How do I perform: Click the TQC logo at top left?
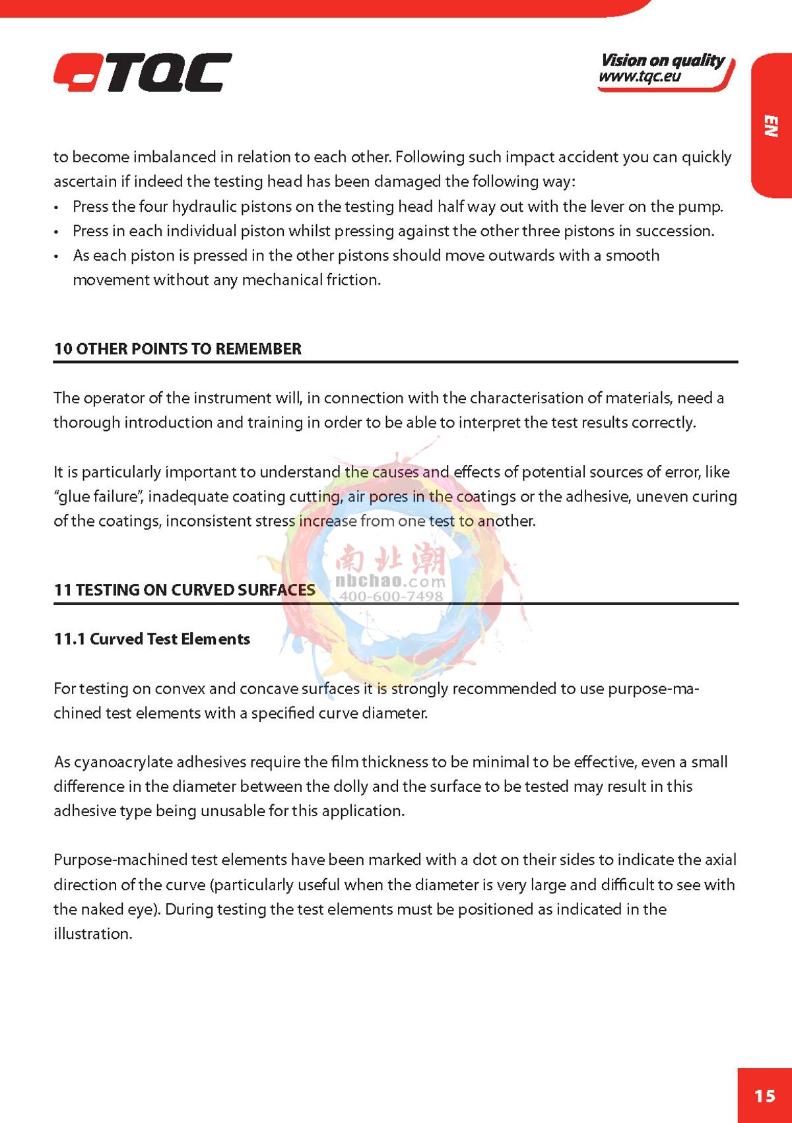coord(143,73)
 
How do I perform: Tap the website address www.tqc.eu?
coord(640,77)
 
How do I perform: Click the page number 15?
coord(764,1096)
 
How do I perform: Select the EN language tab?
coord(771,125)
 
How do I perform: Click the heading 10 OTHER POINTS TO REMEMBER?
coord(178,349)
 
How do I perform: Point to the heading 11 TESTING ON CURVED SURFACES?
coord(184,590)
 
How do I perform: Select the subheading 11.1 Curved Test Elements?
coord(152,639)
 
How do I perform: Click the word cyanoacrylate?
coord(115,762)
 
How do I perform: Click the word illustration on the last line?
coord(92,934)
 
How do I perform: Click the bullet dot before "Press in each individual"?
coord(58,232)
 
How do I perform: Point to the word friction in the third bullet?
coord(353,280)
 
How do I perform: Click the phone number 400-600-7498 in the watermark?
coord(391,596)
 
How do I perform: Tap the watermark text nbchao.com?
coord(391,582)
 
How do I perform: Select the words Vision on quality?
coord(662,61)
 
